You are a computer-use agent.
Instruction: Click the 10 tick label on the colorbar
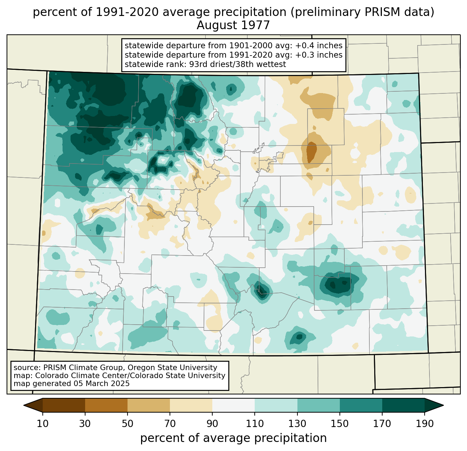[x=43, y=424]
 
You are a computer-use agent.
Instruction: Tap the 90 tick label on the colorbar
[x=212, y=424]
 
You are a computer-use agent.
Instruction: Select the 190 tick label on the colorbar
[x=425, y=424]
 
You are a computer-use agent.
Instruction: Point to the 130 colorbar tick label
[x=297, y=424]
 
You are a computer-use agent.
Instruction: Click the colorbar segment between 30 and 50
[x=106, y=405]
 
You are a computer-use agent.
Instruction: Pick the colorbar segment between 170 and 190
[x=403, y=405]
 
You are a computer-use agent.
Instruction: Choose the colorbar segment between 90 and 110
[x=233, y=405]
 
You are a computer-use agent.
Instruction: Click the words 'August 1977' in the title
[x=233, y=25]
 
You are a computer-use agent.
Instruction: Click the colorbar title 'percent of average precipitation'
[x=233, y=438]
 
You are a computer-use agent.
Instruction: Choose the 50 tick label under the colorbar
[x=128, y=424]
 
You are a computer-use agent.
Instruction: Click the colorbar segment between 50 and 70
[x=149, y=405]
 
